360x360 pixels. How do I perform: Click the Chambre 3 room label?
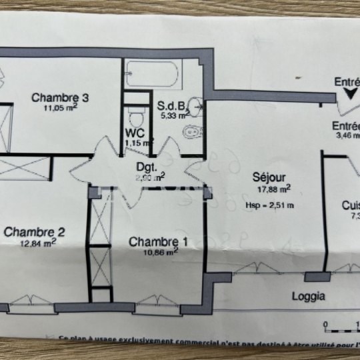tap(61, 98)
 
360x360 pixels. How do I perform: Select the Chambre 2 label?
tap(34, 232)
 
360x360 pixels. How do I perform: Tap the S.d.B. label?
tap(171, 106)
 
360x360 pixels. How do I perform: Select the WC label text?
tap(135, 132)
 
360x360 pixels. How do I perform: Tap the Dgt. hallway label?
tap(146, 167)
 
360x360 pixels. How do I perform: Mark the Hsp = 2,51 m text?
tap(270, 205)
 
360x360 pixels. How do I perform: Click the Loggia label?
tap(309, 296)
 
